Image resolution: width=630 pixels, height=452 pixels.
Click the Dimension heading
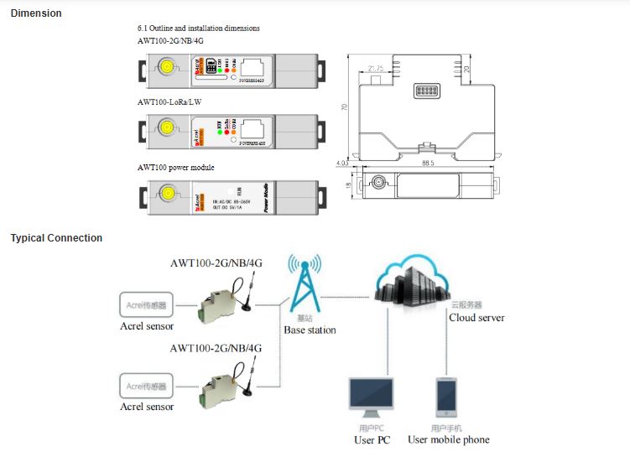(x=36, y=13)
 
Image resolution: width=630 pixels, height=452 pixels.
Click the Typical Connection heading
(x=56, y=238)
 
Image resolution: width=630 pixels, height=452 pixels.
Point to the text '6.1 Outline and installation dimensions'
(x=198, y=29)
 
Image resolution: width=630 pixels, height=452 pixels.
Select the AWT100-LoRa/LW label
(x=169, y=101)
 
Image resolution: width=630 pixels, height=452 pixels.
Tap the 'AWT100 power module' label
(x=176, y=168)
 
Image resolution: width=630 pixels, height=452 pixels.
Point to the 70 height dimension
(x=345, y=107)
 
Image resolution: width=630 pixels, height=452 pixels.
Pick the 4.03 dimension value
(x=341, y=164)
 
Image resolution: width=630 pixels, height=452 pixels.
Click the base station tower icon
(x=305, y=283)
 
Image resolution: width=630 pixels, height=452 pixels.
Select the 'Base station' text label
(x=310, y=330)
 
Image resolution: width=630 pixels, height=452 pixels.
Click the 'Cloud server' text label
(x=476, y=318)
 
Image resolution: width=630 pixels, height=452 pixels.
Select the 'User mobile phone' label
(x=448, y=439)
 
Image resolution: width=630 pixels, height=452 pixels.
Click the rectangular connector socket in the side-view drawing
(x=427, y=91)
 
